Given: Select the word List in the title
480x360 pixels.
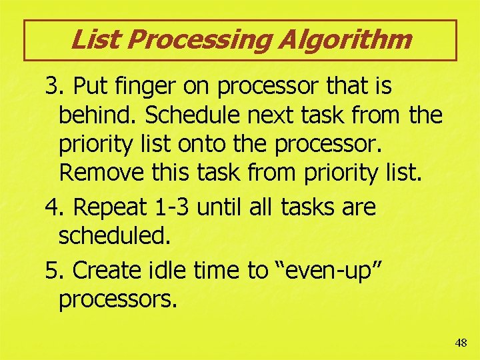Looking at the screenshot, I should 95,40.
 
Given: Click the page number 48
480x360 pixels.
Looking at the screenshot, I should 461,343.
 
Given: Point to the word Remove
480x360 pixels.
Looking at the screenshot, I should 102,174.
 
